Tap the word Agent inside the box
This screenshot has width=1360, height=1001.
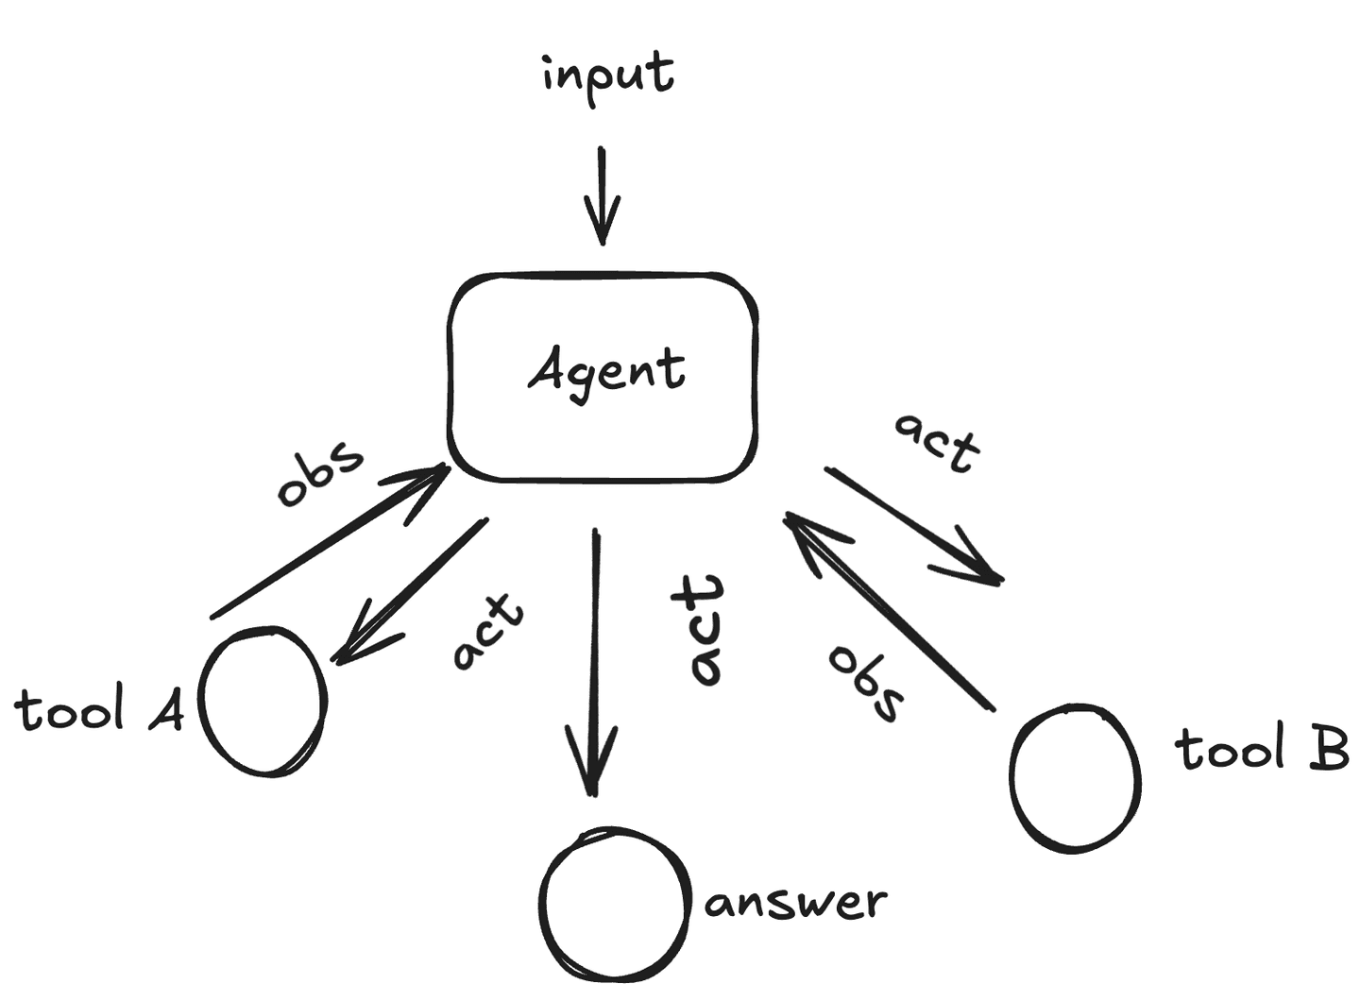coord(606,370)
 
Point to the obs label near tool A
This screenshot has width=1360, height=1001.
coord(319,471)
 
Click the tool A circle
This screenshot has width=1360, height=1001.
coord(263,701)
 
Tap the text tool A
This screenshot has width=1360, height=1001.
coord(99,710)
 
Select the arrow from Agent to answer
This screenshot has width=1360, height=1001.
coord(594,661)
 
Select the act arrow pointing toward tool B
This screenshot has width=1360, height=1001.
coord(911,525)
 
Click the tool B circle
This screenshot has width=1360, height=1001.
coord(1075,777)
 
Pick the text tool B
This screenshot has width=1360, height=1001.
coord(1262,748)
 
